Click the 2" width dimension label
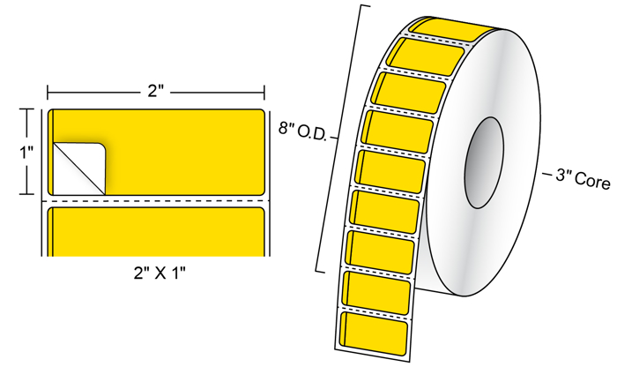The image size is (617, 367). [x=155, y=92]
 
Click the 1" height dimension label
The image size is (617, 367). [x=27, y=152]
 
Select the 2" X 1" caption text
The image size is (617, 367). [x=160, y=273]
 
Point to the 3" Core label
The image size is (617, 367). [x=583, y=180]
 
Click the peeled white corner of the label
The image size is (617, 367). [x=78, y=169]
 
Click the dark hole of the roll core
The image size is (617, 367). [x=484, y=162]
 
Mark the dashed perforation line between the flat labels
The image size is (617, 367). [x=156, y=201]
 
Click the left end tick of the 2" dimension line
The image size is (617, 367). [x=48, y=93]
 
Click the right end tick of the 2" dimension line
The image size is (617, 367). [x=264, y=93]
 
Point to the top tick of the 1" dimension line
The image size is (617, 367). [x=26, y=109]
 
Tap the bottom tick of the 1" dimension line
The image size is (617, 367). [x=26, y=194]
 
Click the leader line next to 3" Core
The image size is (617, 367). [x=547, y=174]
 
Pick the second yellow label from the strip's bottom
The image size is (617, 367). [x=378, y=294]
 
